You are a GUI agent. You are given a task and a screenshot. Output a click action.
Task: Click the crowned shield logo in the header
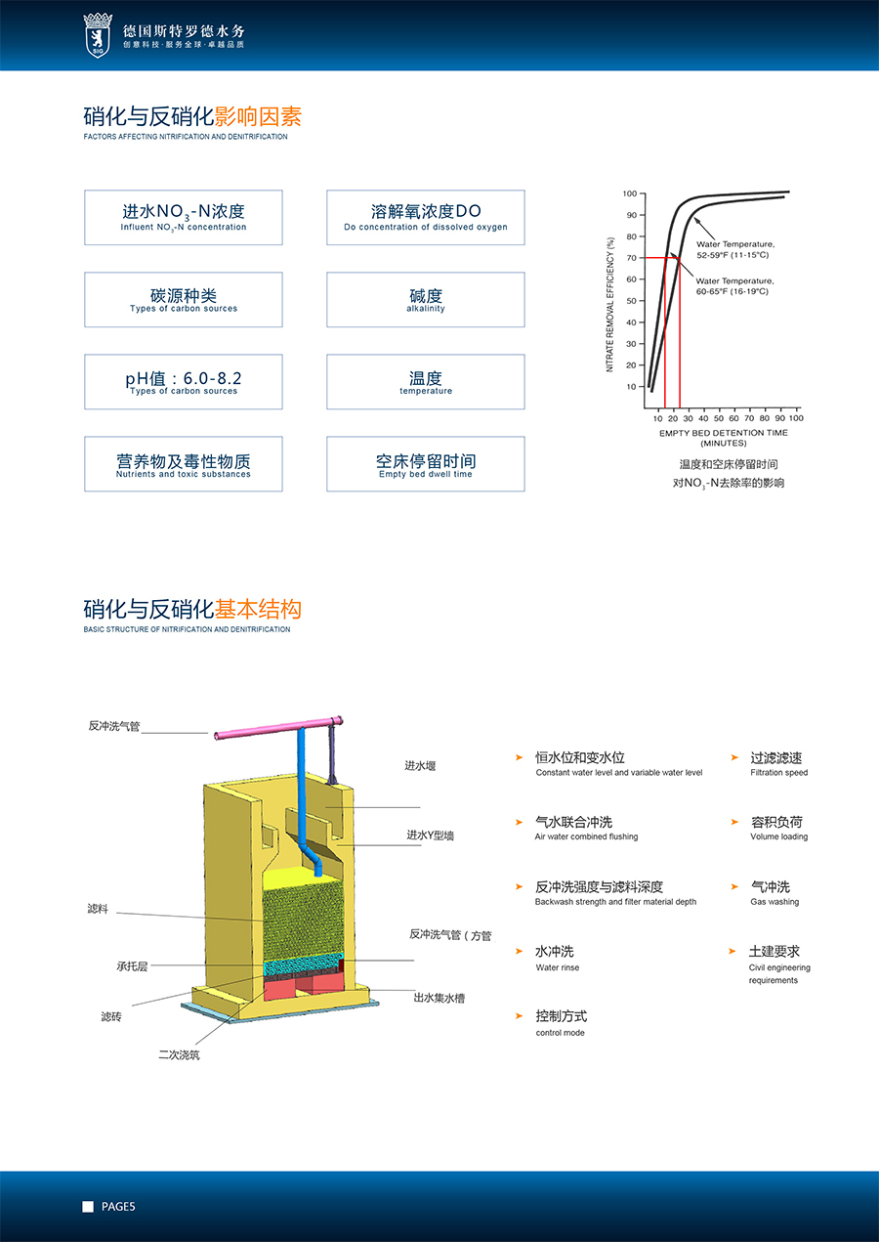point(98,35)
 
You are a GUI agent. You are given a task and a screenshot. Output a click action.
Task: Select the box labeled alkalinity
point(426,299)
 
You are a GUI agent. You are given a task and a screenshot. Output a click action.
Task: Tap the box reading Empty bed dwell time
point(426,463)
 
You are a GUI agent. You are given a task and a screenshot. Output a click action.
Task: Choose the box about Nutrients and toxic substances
point(184,463)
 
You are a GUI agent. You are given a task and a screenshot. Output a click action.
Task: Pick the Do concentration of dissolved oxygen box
point(426,217)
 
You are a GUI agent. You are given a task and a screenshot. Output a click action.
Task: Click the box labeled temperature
point(426,381)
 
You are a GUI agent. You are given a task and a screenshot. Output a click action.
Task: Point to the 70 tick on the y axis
point(631,258)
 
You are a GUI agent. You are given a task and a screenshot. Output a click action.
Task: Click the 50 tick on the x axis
point(718,418)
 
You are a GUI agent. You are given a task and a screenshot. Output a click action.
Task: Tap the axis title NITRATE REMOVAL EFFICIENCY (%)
point(610,305)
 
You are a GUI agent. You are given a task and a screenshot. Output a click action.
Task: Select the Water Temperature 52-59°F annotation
point(735,249)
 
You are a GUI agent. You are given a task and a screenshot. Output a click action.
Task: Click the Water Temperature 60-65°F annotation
point(734,286)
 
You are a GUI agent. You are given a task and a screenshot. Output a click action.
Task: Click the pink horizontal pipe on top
point(278,727)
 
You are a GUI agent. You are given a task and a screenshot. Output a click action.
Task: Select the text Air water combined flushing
point(586,836)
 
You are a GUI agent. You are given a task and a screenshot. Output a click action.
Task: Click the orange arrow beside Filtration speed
point(734,757)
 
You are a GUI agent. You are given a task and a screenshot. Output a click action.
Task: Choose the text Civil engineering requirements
point(779,973)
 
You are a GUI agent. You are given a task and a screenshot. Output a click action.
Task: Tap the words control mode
point(560,1033)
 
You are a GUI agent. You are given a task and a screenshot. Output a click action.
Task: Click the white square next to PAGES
point(88,1207)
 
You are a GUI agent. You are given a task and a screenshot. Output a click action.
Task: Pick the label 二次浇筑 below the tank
point(179,1054)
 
